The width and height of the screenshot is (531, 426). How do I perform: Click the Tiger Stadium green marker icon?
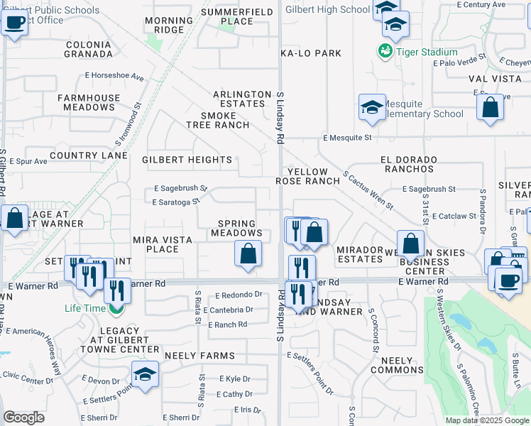coord(385,51)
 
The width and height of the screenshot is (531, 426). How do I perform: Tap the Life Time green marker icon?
coord(116,308)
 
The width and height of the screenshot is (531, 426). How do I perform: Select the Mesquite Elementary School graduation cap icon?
coord(372,108)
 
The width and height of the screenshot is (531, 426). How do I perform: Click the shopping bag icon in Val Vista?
coord(490,109)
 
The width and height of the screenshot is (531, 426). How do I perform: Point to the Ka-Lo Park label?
coord(311,53)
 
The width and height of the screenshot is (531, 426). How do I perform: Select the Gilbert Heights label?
coord(187,160)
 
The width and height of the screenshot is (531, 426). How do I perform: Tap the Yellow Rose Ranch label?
coord(308,176)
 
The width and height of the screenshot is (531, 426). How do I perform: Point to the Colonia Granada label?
coord(88,48)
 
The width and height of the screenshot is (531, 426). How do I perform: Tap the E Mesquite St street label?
coord(347,137)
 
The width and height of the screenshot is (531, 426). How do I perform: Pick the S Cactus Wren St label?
coord(367,190)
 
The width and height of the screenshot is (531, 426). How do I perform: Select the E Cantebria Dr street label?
coord(228,310)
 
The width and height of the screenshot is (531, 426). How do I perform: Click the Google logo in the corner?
coord(23,417)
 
